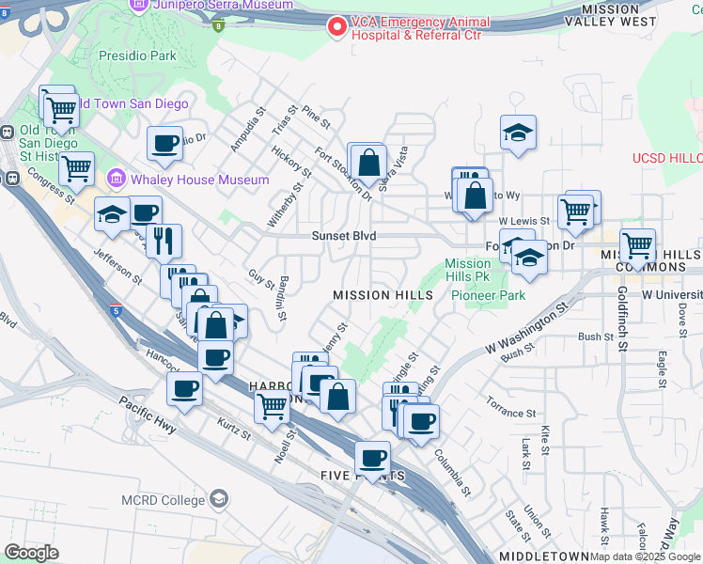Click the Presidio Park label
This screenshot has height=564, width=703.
(137, 55)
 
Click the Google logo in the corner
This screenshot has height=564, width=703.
(31, 553)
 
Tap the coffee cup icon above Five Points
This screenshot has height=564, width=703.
(374, 458)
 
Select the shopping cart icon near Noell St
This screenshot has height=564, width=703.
(272, 407)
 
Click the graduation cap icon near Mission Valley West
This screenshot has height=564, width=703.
(517, 133)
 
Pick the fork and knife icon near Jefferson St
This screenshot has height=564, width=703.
(164, 242)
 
